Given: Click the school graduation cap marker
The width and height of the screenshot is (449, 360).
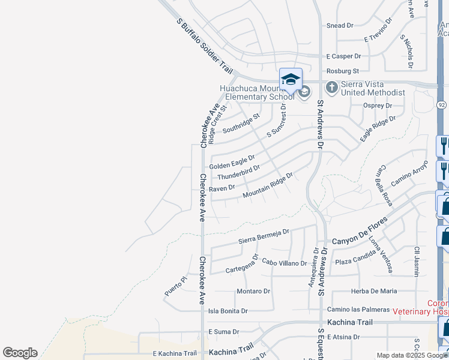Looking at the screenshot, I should tap(291, 79).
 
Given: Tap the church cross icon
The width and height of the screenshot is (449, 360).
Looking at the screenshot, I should tap(331, 88).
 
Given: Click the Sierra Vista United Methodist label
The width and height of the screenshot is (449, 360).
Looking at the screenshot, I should tap(373, 88).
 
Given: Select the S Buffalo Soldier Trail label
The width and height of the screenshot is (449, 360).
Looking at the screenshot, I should tap(204, 46).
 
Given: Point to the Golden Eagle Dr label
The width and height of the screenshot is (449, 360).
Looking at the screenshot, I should tap(232, 162).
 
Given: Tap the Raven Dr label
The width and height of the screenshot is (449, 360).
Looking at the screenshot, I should tap(222, 188).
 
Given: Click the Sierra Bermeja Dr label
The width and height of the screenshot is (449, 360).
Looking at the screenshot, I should tap(264, 232).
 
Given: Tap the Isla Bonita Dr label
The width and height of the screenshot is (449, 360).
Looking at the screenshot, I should tap(228, 311).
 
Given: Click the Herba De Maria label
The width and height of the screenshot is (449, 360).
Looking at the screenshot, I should tap(373, 291).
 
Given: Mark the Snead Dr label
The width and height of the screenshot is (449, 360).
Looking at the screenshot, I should tap(340, 26).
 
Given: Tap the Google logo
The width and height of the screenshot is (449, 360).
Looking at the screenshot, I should tap(20, 353).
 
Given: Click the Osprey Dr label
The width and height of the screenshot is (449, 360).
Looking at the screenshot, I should tap(378, 105).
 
